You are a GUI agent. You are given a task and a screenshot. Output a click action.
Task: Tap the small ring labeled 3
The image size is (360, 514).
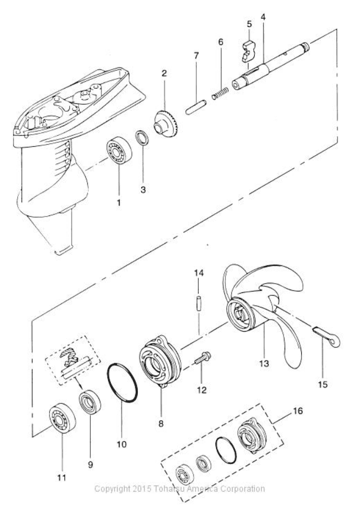click(142, 137)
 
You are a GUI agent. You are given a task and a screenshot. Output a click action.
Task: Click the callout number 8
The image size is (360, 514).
click(161, 423)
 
